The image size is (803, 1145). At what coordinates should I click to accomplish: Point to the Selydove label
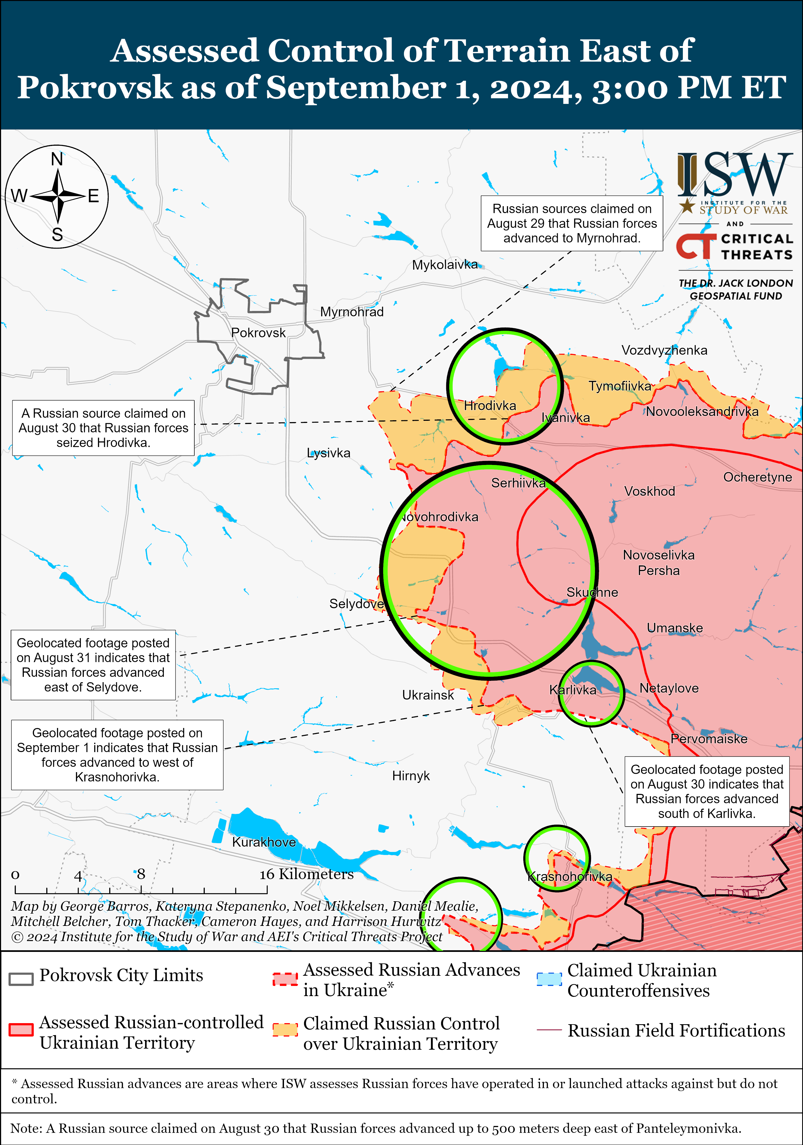(356, 604)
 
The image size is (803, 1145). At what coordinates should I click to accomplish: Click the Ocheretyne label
(757, 477)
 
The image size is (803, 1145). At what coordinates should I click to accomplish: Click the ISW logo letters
(735, 175)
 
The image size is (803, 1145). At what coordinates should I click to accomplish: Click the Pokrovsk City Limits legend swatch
(21, 979)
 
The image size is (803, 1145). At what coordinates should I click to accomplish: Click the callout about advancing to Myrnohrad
(572, 223)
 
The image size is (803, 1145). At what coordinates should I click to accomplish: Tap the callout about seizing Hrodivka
(103, 428)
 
